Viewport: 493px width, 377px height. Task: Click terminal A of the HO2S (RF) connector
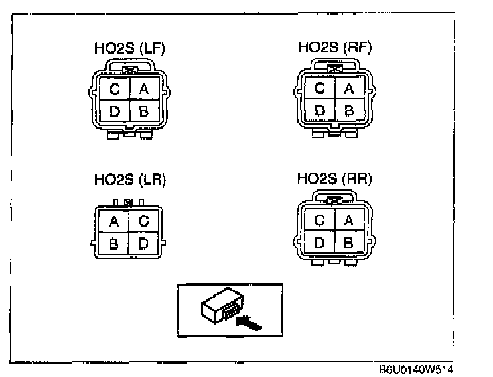point(349,88)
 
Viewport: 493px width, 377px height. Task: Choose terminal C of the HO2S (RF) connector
point(320,88)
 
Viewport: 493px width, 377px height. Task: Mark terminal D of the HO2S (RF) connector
point(320,109)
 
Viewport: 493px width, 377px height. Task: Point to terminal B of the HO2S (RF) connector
point(349,109)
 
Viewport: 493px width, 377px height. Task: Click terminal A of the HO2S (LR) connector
point(114,220)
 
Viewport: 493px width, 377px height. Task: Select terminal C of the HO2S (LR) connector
point(143,220)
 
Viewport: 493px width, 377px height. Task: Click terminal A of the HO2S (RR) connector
point(348,220)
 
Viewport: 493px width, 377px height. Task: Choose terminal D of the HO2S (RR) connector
point(320,241)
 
